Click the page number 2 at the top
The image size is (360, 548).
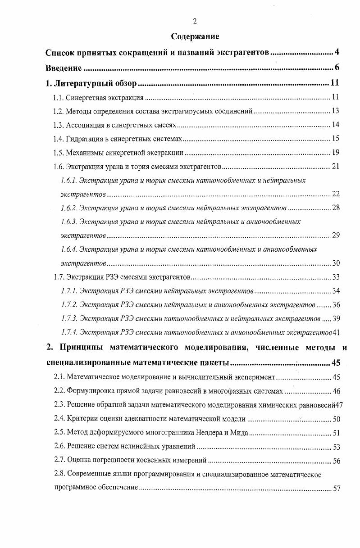coord(195,21)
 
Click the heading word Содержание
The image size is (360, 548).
coord(195,36)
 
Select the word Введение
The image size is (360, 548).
coord(64,68)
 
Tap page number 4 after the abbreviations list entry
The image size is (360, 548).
coord(337,53)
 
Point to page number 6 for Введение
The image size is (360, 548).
coord(337,68)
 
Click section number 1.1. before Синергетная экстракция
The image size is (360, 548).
coord(59,97)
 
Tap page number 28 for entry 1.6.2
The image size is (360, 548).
coord(336,208)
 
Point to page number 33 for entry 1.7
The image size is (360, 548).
coord(336,276)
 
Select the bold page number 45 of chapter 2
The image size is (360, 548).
coord(336,363)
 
